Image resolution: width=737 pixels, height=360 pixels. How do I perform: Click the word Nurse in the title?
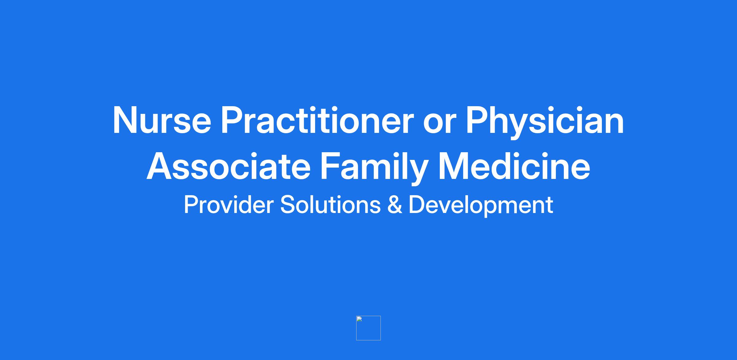coord(162,120)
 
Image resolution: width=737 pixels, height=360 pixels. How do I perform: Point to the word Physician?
coord(545,123)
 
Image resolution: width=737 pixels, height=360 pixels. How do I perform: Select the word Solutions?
coord(330,205)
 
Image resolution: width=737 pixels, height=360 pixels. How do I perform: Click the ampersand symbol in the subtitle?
coord(395,205)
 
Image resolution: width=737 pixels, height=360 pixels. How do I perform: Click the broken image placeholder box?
coord(368,328)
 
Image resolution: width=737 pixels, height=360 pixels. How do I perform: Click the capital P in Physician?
coord(477,120)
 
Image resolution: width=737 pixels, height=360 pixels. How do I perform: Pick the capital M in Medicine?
coord(454,166)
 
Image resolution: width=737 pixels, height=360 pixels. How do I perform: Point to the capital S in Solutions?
coord(288,205)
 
